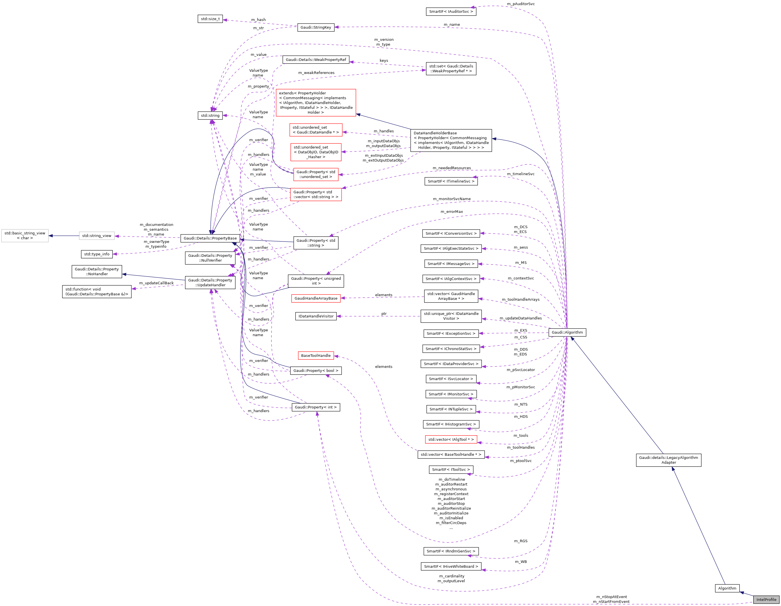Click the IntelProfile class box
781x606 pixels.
766,599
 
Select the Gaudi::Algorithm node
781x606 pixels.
567,332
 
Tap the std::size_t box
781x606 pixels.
210,19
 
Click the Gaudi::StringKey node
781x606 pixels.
316,27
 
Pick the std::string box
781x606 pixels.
210,115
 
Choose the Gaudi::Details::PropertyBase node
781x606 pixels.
210,238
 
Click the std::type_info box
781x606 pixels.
97,254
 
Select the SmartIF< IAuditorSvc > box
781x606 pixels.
451,11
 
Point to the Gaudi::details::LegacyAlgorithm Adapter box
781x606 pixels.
668,460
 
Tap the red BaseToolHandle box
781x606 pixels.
316,355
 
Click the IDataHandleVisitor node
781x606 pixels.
316,316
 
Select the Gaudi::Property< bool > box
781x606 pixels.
316,371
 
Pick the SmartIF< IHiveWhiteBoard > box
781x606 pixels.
451,566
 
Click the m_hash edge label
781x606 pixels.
258,20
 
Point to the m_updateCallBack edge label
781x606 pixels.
156,283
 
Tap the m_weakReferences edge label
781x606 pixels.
316,73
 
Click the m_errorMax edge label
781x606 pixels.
452,212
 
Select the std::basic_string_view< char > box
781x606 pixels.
25,236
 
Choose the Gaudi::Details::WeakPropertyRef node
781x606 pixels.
316,60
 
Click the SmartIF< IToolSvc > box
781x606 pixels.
451,469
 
